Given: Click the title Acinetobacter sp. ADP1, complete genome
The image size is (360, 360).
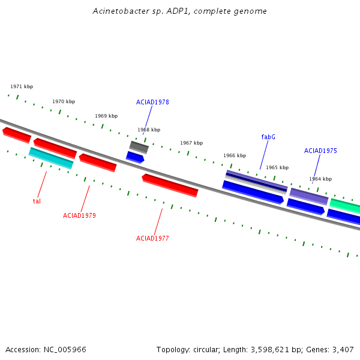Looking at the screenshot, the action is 179,11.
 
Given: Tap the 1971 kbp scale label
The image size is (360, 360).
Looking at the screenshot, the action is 22,86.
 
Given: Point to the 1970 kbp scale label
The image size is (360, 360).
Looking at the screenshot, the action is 64,101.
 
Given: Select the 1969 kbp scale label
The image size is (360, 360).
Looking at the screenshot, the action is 106,116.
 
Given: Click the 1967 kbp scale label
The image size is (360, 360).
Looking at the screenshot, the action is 191,143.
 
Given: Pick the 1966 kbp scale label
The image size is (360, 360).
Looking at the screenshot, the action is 235,155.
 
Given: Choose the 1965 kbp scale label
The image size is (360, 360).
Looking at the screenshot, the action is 277,167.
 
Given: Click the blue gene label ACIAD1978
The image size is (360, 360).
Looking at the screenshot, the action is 152,102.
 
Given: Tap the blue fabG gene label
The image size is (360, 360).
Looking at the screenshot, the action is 268,137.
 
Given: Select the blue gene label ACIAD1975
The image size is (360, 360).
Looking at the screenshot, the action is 320,151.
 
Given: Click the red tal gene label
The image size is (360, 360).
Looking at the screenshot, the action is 37,202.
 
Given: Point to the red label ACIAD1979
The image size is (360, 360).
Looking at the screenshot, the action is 79,215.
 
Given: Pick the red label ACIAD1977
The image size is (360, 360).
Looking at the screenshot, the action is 152,238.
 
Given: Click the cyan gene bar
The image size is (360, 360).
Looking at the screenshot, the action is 51,158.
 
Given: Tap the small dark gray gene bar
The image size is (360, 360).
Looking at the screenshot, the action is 139,147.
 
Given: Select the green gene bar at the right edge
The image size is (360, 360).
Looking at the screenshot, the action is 345,206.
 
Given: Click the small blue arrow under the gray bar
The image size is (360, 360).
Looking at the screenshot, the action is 135,157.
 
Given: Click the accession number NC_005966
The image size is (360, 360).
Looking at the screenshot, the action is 65,350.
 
